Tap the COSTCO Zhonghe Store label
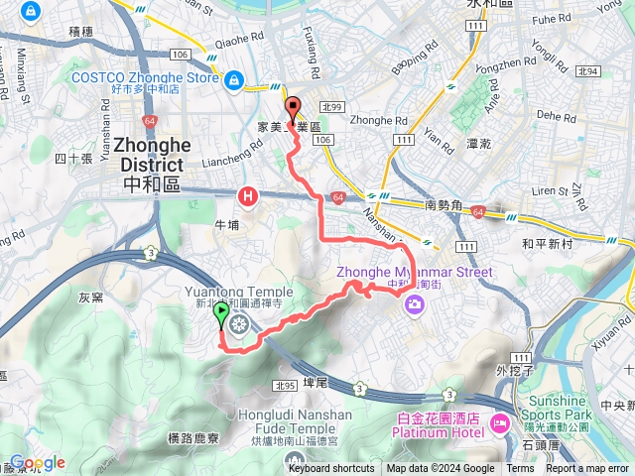145,78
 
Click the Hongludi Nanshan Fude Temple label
296,420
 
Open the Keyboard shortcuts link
331,469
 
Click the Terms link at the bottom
520,469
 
